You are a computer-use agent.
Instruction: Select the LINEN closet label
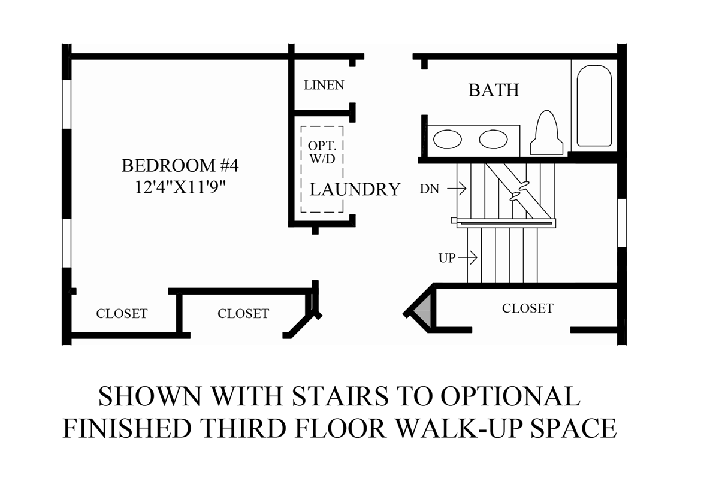click(x=324, y=85)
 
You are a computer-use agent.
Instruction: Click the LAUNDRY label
click(x=354, y=190)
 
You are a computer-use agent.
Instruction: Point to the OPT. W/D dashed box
click(x=322, y=169)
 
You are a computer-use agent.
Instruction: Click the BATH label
click(x=493, y=90)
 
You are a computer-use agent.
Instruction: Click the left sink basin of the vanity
click(x=447, y=140)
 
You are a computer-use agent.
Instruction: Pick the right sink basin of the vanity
click(x=493, y=140)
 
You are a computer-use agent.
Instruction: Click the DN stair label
click(x=430, y=189)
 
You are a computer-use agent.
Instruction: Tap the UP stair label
click(x=447, y=258)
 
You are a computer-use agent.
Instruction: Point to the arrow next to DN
click(x=456, y=189)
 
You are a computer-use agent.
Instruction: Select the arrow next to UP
click(x=467, y=258)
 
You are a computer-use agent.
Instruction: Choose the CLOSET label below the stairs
click(x=527, y=308)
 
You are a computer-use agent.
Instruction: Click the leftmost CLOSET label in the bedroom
click(x=122, y=313)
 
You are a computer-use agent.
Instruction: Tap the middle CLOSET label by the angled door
click(x=243, y=313)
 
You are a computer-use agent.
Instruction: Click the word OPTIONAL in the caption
click(x=510, y=396)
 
